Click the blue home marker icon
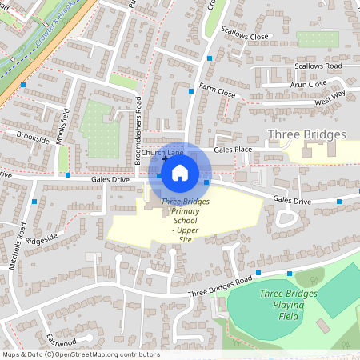click(x=180, y=172)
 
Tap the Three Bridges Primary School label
click(x=185, y=220)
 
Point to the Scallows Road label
click(x=318, y=66)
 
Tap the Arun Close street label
click(x=308, y=83)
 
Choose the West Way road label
click(x=330, y=98)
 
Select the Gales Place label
click(x=233, y=150)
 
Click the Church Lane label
click(x=163, y=152)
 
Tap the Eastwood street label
click(x=61, y=340)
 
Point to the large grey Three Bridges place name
click(x=306, y=134)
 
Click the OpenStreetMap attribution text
click(x=80, y=354)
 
